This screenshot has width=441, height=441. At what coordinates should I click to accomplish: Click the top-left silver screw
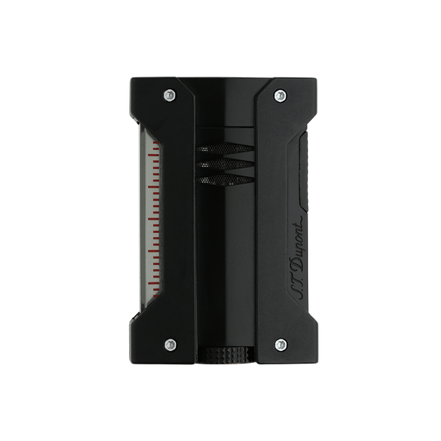click(170, 95)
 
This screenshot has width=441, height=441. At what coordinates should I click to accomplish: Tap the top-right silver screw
click(280, 96)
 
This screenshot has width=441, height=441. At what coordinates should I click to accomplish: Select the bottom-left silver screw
click(170, 345)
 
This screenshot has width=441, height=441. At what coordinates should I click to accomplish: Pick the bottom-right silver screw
click(281, 345)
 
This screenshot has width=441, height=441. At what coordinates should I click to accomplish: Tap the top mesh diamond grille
click(225, 149)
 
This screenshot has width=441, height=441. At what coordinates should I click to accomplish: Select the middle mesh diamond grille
click(225, 164)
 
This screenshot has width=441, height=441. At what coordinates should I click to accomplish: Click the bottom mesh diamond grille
click(225, 180)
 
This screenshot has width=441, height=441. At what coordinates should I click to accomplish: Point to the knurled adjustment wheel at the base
click(227, 353)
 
